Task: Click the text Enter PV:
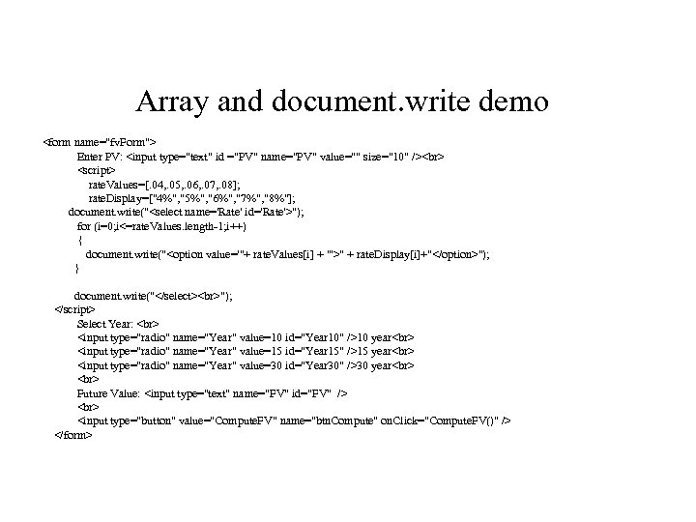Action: click(99, 155)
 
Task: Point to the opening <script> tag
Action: click(95, 169)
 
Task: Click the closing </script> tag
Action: click(74, 309)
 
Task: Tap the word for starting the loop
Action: click(83, 225)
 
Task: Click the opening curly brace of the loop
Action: click(79, 239)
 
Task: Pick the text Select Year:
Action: click(106, 323)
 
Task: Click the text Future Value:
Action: click(108, 393)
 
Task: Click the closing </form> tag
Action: click(73, 436)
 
